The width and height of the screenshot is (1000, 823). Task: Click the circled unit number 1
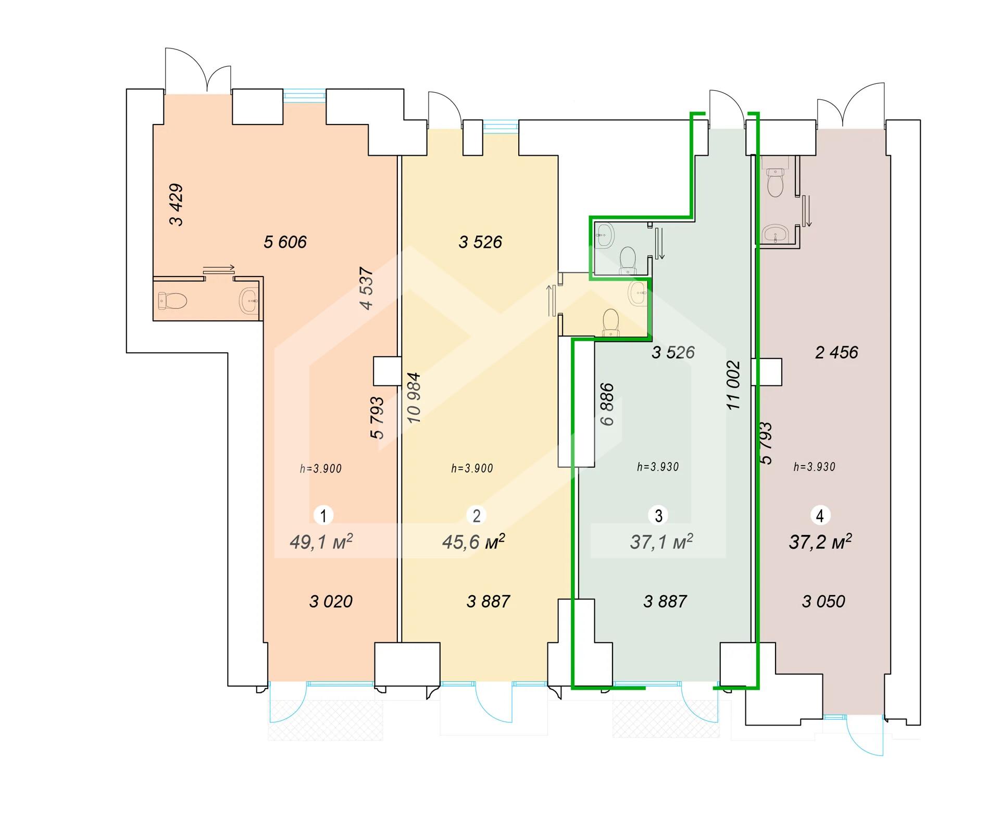[323, 516]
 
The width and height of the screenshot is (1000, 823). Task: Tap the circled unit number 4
[820, 516]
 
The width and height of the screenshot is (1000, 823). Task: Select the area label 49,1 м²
[321, 542]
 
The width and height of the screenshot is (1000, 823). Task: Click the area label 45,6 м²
[473, 542]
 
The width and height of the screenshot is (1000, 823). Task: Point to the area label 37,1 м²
[661, 542]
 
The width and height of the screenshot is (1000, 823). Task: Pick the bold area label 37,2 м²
[820, 542]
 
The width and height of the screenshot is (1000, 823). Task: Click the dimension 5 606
[285, 242]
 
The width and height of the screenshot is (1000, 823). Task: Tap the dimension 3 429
[177, 205]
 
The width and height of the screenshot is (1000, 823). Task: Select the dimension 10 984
[414, 397]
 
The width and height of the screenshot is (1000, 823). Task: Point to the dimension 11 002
[733, 385]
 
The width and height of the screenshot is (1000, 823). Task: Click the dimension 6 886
[607, 405]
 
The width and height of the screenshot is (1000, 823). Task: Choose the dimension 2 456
[836, 352]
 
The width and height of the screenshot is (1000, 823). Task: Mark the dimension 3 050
[823, 601]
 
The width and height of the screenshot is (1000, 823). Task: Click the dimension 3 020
[331, 601]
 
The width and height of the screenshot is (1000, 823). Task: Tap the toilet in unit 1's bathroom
[172, 301]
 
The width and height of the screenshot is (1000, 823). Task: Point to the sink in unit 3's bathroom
[605, 235]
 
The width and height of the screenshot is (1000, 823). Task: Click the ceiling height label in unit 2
[472, 468]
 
